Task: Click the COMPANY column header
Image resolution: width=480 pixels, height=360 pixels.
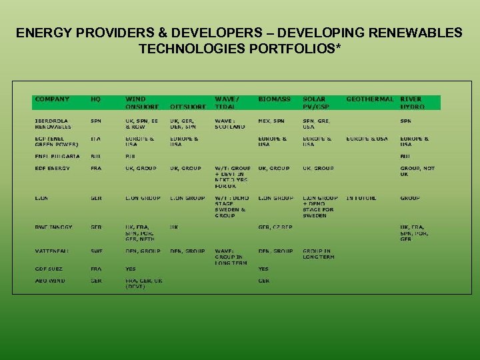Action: coord(52,99)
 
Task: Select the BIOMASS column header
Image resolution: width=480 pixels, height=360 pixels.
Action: coord(274,99)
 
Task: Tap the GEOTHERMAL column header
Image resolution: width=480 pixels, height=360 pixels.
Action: coord(369,99)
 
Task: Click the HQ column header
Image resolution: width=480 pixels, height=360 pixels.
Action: coord(96,99)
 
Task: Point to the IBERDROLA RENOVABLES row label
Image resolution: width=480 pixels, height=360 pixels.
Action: coord(53,123)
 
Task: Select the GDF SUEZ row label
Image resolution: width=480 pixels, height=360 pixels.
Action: coord(49,269)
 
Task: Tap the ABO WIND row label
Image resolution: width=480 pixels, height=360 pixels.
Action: coord(50,281)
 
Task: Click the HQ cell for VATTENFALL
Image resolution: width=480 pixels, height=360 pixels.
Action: coord(96,251)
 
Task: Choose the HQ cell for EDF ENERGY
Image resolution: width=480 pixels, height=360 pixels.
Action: coord(96,168)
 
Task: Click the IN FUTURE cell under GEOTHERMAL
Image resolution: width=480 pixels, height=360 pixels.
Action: coord(361,198)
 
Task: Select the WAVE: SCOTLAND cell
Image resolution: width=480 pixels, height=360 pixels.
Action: coord(229,123)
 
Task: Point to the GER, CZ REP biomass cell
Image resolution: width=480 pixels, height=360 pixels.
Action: coord(275,227)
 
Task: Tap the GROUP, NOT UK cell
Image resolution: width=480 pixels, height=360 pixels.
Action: coord(417,171)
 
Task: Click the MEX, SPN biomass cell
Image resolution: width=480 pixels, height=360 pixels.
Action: coord(271,121)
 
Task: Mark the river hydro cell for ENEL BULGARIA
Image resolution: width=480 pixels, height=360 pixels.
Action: coord(405,156)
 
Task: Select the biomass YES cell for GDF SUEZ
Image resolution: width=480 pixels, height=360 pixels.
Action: coord(263,269)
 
